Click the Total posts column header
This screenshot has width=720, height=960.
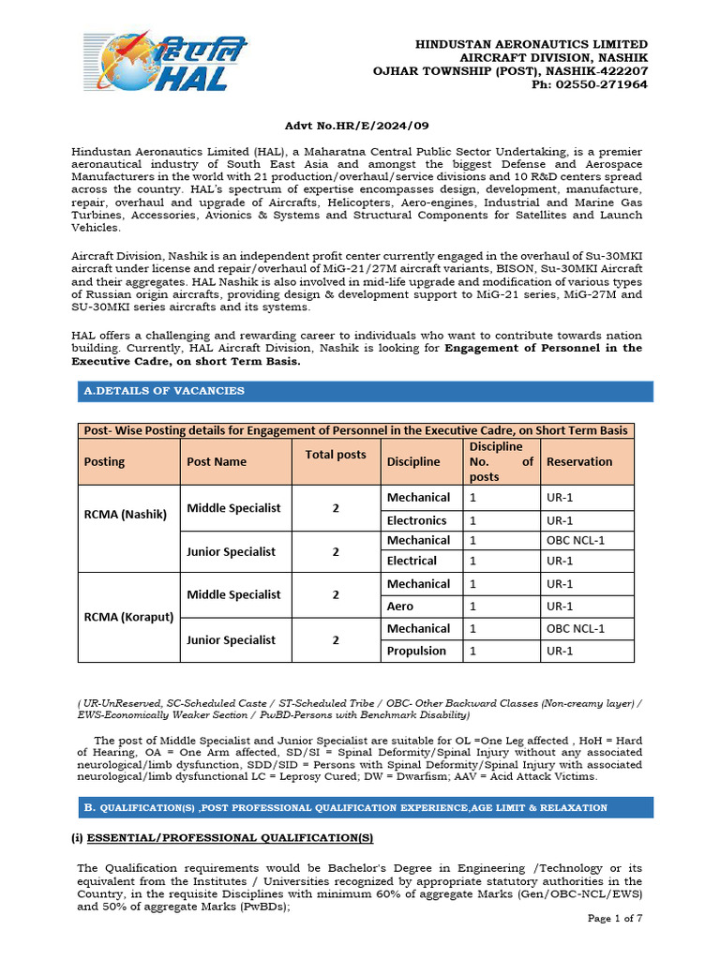click(336, 454)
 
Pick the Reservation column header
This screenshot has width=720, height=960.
click(578, 461)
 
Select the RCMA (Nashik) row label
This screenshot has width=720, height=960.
click(125, 514)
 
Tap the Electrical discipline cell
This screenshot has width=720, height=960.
click(412, 561)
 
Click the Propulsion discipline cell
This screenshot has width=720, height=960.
click(416, 651)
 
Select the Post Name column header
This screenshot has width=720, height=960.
click(217, 461)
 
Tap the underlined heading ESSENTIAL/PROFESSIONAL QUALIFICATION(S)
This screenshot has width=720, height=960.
click(222, 837)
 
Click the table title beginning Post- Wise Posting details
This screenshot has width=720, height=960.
click(355, 430)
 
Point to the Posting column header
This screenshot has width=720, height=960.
click(104, 461)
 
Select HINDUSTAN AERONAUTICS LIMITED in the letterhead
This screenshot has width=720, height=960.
click(532, 44)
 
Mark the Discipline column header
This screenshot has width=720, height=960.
click(412, 461)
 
